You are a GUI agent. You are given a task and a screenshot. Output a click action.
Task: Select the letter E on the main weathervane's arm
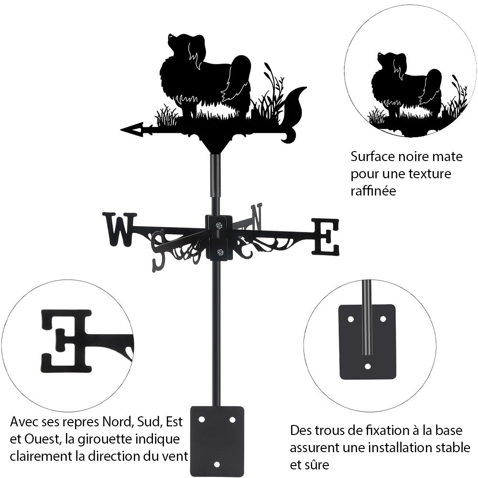pyautogui.click(x=326, y=237)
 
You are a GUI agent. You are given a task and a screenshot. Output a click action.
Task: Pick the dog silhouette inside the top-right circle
pyautogui.click(x=406, y=86)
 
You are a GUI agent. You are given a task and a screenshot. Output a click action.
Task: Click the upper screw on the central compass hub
pyautogui.click(x=219, y=225)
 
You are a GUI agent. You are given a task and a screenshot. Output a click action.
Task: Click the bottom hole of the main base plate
pyautogui.click(x=217, y=464)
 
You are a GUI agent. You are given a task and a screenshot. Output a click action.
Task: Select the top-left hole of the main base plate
pyautogui.click(x=202, y=419)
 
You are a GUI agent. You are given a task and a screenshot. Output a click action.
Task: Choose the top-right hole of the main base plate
pyautogui.click(x=232, y=419)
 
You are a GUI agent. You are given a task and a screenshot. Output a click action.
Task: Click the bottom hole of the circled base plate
pyautogui.click(x=367, y=366)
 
